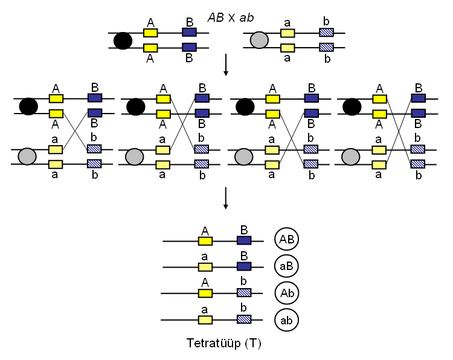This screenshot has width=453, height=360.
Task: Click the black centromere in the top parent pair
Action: point(123,40)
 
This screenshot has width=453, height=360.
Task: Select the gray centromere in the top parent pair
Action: point(259,40)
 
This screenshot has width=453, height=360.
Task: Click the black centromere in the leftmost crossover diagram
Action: point(28,106)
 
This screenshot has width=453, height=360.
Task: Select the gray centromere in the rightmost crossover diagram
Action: point(351,157)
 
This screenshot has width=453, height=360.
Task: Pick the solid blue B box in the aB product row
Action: point(244,266)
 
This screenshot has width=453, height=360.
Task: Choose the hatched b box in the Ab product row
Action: point(244,292)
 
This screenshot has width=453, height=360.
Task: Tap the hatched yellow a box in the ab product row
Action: point(205,318)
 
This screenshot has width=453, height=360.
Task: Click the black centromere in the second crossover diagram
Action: point(135,106)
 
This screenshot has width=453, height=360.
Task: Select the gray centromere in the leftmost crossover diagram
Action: point(28,157)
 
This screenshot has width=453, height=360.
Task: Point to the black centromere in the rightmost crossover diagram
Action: point(351,106)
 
